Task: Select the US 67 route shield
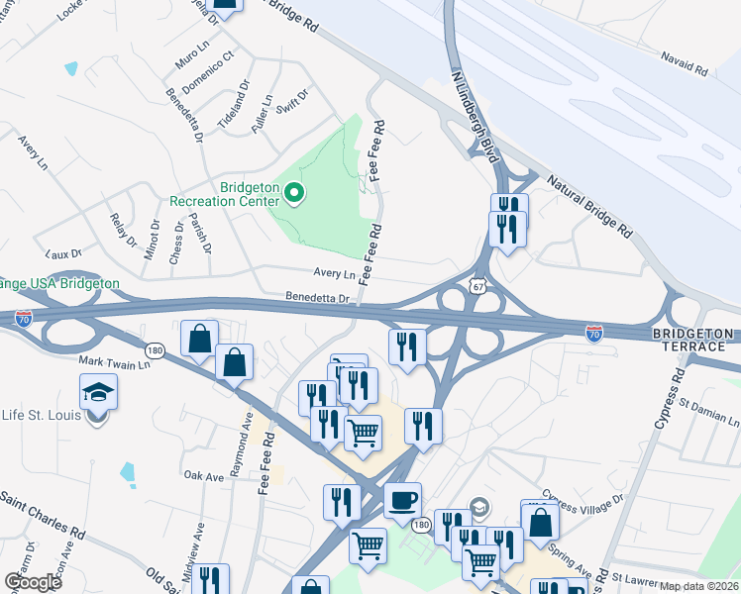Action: click(x=478, y=286)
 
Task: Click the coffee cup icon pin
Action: click(x=402, y=501)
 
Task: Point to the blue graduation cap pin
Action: click(x=99, y=392)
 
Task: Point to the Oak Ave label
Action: click(x=204, y=476)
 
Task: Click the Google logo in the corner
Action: click(x=33, y=582)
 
